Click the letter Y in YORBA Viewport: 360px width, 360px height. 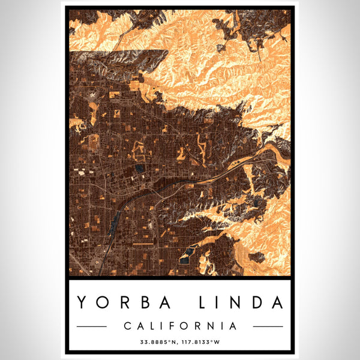point(82,303)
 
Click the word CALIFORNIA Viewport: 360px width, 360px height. point(180,326)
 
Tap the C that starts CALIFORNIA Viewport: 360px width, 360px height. point(127,326)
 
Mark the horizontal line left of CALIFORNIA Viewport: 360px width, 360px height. point(92,326)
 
